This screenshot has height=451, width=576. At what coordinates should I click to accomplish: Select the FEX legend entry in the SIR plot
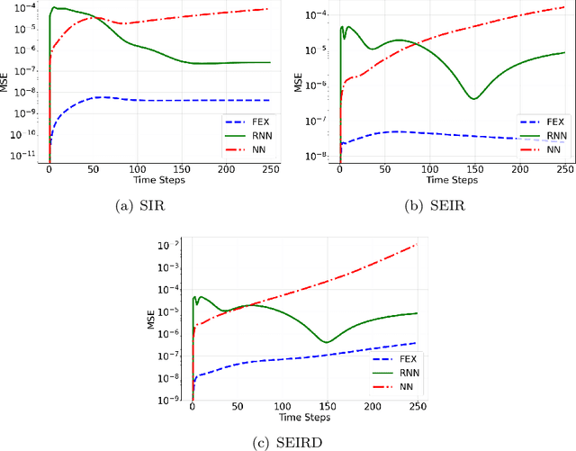252,119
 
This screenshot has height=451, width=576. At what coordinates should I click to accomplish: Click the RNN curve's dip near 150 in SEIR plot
474,98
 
